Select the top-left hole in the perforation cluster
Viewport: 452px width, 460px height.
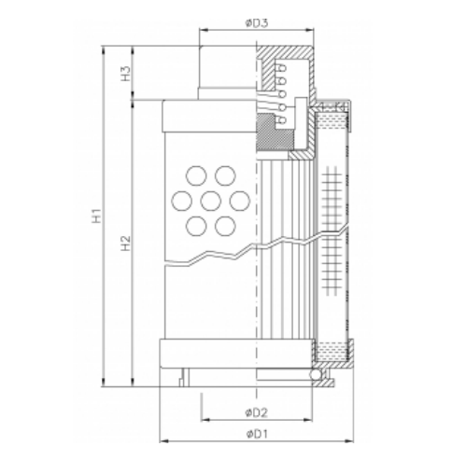196,174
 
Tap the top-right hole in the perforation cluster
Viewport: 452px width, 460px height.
224,174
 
